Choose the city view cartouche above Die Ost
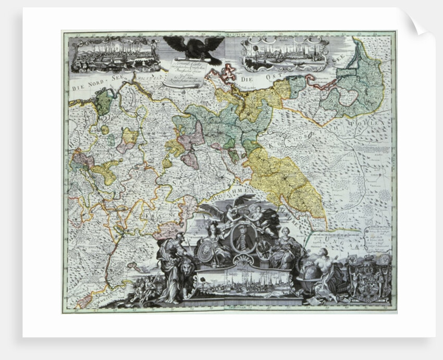285,54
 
